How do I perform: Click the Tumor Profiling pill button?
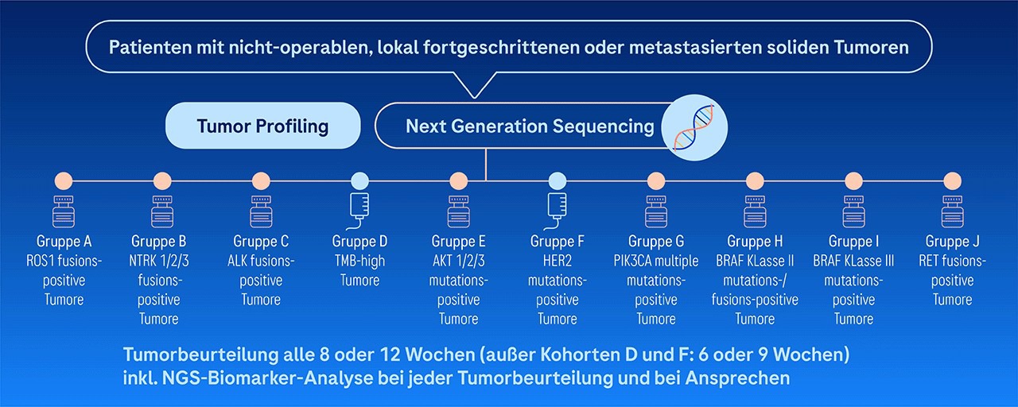coord(262,126)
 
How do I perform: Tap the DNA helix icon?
coord(694,128)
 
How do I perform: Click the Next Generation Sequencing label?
coord(530,126)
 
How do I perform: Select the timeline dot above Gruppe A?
coord(64,180)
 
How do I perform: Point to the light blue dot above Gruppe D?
coord(360,180)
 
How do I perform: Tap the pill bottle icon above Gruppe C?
coord(261,211)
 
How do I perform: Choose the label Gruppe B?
coord(158,241)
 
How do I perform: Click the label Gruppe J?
coord(952,241)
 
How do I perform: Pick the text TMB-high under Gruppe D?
coord(360,261)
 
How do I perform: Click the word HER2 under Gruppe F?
coord(558,261)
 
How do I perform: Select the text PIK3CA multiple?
coord(656,261)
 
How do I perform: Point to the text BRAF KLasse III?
coord(853,261)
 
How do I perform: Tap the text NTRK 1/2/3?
coord(158,261)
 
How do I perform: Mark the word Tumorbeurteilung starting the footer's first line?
coord(200,355)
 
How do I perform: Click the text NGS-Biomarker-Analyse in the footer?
coord(267,378)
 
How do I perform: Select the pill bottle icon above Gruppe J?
coord(952,211)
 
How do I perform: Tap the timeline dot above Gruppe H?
coord(755,180)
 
